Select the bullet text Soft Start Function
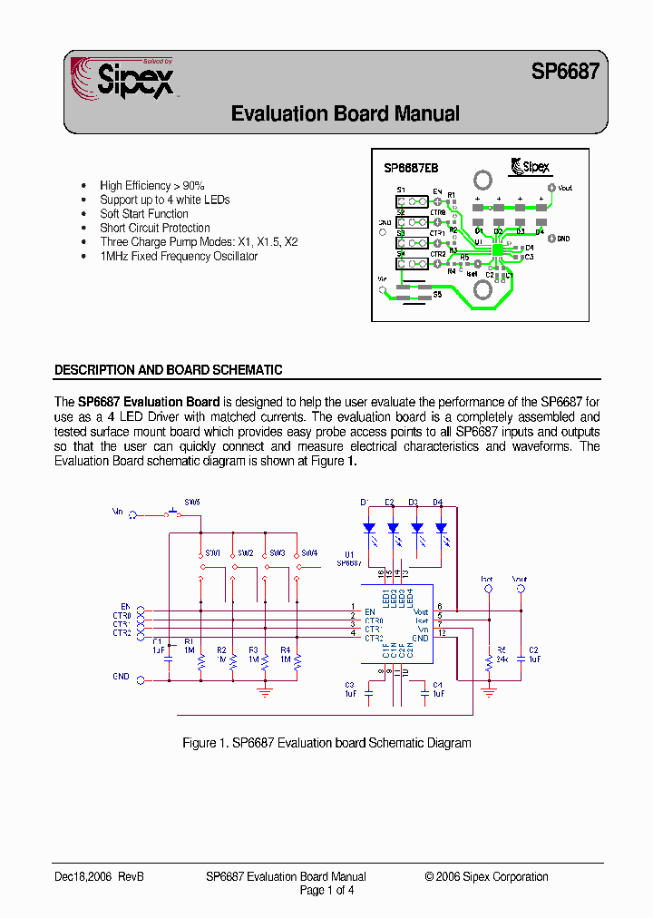144,214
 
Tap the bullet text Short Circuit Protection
154,228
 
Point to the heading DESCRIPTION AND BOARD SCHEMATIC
168,370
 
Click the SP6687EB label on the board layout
411,168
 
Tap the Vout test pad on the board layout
551,189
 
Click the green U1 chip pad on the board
498,246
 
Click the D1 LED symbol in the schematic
368,527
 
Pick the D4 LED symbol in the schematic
441,527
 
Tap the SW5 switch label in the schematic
192,502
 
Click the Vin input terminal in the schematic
133,514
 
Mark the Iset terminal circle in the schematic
489,589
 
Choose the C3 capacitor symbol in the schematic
369,691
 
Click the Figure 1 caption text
326,743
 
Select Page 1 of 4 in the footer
326,890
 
